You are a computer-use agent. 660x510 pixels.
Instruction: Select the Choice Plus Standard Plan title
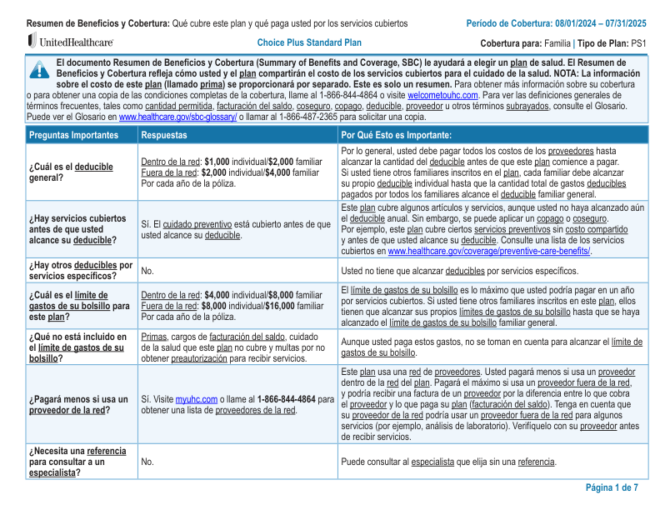(x=309, y=42)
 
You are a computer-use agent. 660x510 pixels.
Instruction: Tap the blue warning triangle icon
(x=39, y=69)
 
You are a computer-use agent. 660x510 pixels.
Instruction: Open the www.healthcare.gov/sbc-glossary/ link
(x=177, y=117)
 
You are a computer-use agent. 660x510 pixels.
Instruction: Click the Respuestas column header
(x=164, y=135)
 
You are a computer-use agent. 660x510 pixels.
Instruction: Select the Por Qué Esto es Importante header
(x=397, y=135)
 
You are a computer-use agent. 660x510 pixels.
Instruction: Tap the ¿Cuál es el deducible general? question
(x=71, y=172)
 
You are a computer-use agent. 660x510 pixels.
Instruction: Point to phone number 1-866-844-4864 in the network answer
(x=287, y=399)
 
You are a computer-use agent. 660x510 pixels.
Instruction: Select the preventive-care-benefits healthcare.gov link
(x=488, y=251)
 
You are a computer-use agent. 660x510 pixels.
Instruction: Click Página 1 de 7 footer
(x=612, y=487)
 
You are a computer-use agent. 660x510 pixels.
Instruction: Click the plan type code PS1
(x=638, y=42)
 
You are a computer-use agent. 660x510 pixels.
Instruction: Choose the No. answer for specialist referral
(x=147, y=461)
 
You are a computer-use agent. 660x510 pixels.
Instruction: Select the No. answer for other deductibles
(x=147, y=271)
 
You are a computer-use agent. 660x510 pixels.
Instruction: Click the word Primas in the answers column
(x=154, y=337)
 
